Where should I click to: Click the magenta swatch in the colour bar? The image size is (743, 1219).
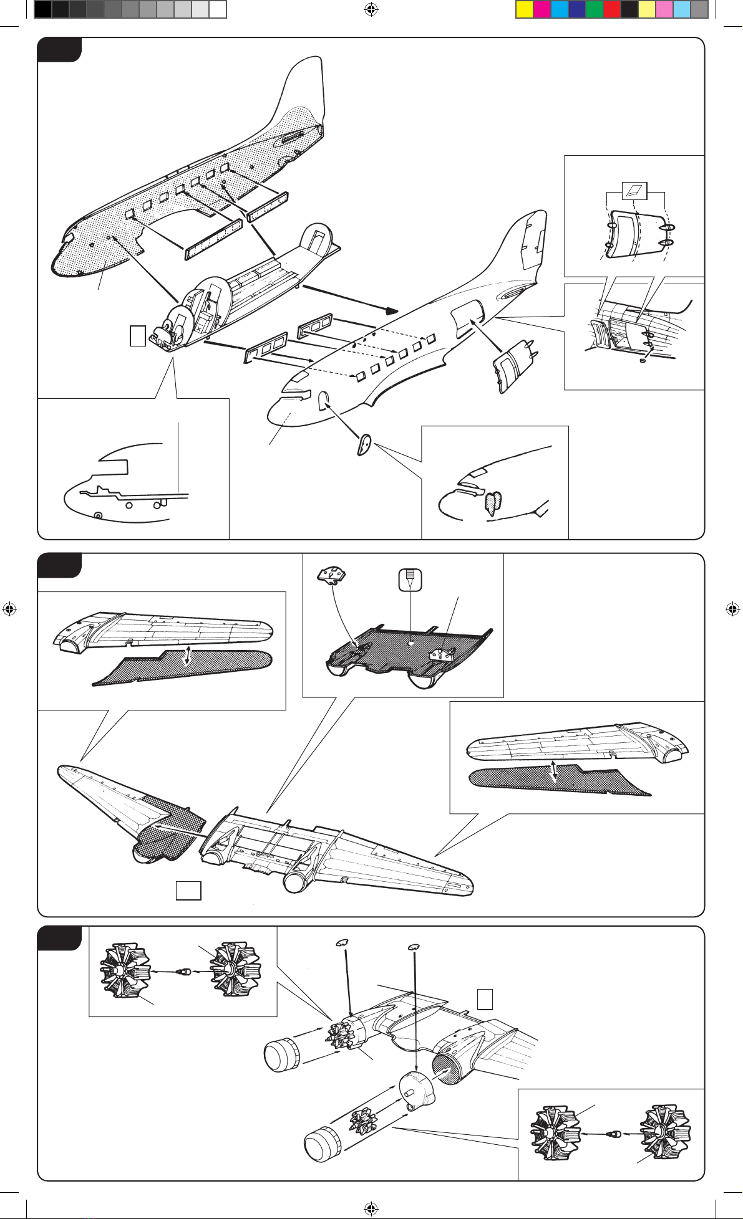542,10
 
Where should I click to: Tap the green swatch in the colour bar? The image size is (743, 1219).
594,10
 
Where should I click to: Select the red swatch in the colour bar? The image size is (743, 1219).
611,10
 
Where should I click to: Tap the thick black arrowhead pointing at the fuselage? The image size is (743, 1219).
391,310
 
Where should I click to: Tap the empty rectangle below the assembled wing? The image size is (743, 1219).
188,891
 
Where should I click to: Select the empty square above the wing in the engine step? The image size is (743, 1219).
485,999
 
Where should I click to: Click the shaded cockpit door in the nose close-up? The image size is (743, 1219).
492,502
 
